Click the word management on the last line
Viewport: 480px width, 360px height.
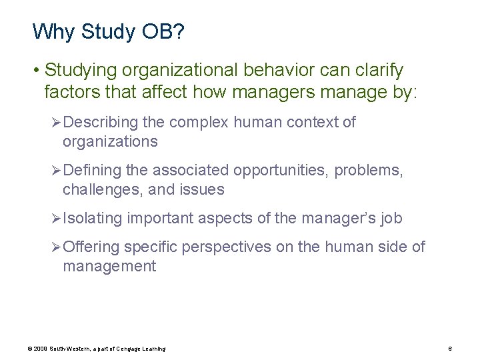(109, 267)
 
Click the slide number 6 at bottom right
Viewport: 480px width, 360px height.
(451, 349)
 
